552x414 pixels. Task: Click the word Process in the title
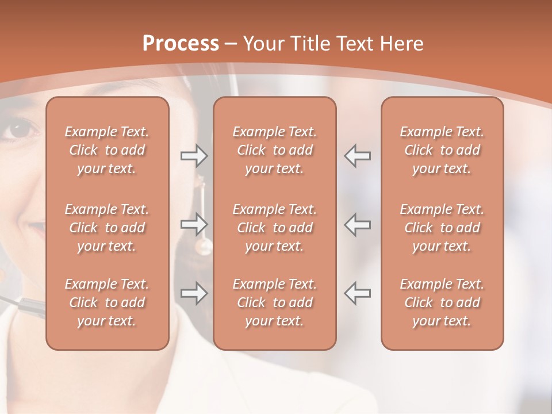[x=181, y=44]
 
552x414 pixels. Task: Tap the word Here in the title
[x=399, y=44]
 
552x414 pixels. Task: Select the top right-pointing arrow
[x=194, y=156]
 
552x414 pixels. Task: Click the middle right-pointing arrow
[x=194, y=224]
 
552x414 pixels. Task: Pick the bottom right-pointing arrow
[x=194, y=293]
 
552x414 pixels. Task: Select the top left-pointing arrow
[x=358, y=156]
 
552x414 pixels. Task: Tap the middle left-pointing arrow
[x=358, y=224]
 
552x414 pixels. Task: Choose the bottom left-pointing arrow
[x=358, y=293]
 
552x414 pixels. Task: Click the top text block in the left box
[x=107, y=150]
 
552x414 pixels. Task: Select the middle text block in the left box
[x=107, y=228]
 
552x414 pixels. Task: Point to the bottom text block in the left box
[x=107, y=302]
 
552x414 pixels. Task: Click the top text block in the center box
[x=275, y=150]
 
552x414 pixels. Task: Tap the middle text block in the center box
[x=275, y=228]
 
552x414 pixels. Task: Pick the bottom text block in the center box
[x=275, y=302]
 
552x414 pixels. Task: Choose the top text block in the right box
[x=442, y=150]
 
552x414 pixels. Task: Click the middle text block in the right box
[x=442, y=228]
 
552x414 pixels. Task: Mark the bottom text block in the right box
[x=442, y=302]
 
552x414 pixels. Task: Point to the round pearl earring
[x=204, y=247]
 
